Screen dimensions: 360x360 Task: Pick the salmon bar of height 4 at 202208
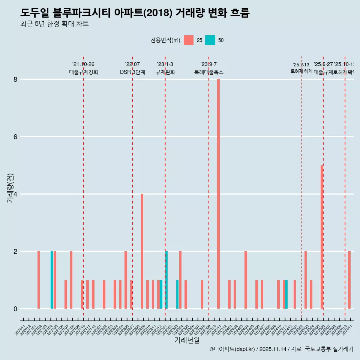coord(142,251)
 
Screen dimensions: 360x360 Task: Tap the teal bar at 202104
coord(52,280)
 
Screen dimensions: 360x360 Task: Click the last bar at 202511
coord(349,280)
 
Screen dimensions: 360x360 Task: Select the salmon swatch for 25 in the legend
coord(189,40)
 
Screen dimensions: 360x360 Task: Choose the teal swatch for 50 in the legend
coord(210,40)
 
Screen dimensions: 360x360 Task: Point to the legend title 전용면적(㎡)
coord(165,40)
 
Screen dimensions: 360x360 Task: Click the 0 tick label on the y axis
coord(15,309)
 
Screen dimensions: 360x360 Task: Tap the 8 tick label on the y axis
coord(15,79)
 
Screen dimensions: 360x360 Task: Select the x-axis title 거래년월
coord(187,340)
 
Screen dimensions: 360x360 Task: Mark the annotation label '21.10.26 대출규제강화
coord(83,68)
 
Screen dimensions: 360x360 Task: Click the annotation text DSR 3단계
coord(132,72)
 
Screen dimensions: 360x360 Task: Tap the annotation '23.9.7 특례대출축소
coord(208,68)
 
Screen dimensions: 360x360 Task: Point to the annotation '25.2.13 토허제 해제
coord(301,68)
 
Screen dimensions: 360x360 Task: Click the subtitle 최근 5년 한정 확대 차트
coord(54,24)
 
